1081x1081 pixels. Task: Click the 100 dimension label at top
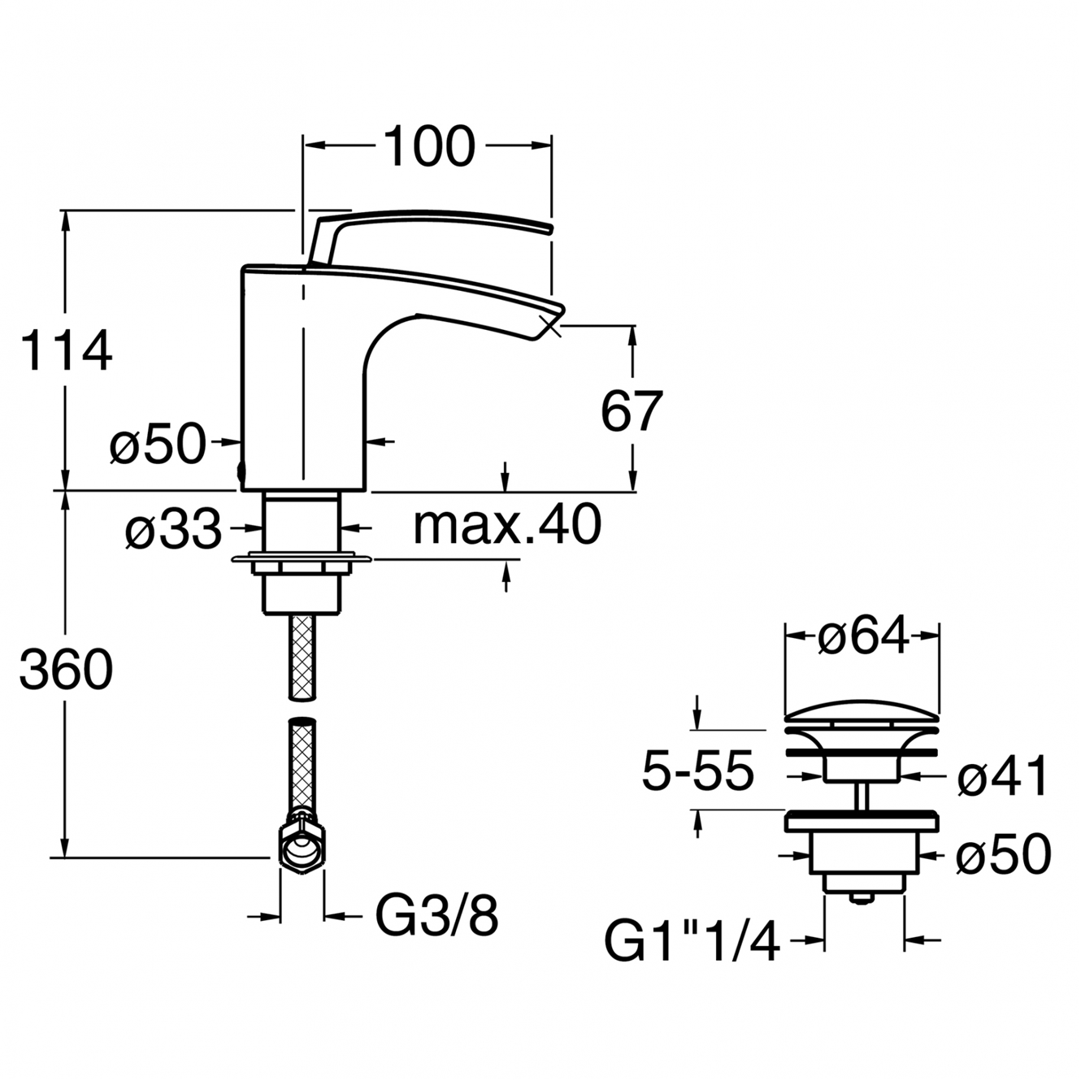[431, 147]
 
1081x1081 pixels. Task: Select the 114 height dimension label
[66, 351]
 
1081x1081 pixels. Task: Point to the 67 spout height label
[632, 410]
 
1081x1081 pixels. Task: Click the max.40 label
[507, 524]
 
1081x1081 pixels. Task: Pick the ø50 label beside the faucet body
[158, 443]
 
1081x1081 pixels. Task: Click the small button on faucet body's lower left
[241, 472]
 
